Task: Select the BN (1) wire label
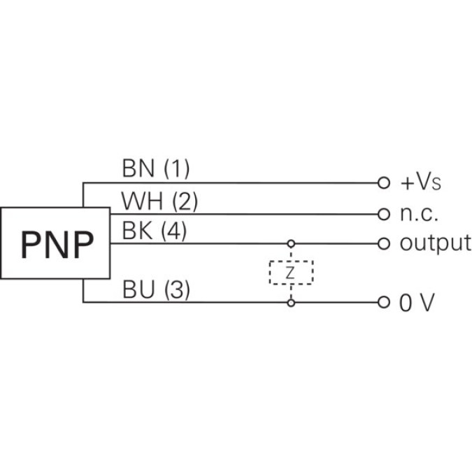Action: pos(155,169)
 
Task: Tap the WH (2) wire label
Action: pos(159,201)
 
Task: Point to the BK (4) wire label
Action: pos(154,231)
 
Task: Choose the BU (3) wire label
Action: pos(155,289)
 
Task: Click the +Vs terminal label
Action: pos(421,184)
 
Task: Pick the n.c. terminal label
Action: pos(419,213)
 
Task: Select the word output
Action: pos(435,243)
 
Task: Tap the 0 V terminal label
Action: pos(418,303)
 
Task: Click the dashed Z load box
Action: pos(291,273)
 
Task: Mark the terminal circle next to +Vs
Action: pos(382,183)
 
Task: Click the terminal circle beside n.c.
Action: pos(382,213)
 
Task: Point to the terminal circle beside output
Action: pos(382,243)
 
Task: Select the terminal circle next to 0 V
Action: pos(382,303)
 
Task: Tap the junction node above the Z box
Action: pos(291,243)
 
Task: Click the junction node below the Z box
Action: pos(291,303)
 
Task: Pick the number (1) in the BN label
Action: pos(176,169)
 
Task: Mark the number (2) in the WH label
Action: pos(185,201)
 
